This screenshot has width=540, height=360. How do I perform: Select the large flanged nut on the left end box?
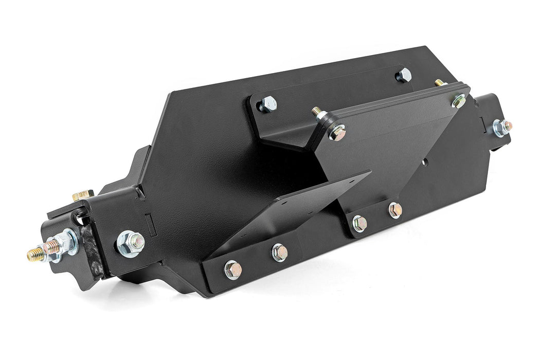tap(131, 242)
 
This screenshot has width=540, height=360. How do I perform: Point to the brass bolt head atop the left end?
tap(82, 195)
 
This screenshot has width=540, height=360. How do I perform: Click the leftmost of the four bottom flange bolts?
tap(232, 269)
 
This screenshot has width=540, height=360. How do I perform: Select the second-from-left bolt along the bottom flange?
tap(279, 252)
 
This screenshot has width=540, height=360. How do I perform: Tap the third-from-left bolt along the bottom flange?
tap(359, 223)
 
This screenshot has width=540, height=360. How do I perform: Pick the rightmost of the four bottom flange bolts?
tap(395, 210)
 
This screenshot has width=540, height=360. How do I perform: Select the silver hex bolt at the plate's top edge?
tap(404, 75)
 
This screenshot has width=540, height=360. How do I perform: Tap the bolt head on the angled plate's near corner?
tap(338, 133)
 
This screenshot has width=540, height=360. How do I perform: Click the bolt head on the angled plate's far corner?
tap(459, 100)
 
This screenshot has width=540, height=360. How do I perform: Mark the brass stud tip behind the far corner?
tap(438, 82)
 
